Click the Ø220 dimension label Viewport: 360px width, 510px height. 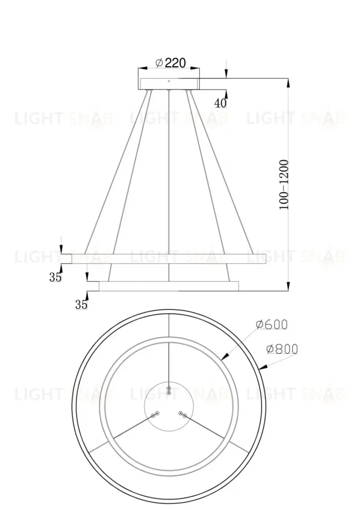pyautogui.click(x=170, y=63)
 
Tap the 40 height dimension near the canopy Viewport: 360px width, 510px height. pyautogui.click(x=220, y=103)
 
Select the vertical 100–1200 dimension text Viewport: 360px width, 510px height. pyautogui.click(x=284, y=184)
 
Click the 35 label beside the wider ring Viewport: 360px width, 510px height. pyautogui.click(x=55, y=277)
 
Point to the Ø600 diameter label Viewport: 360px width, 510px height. pyautogui.click(x=271, y=324)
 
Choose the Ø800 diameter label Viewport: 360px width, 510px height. pyautogui.click(x=282, y=349)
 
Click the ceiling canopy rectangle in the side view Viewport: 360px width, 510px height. pyautogui.click(x=169, y=83)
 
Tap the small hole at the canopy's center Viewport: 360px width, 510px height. pyautogui.click(x=169, y=81)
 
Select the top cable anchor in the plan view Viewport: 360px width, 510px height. pyautogui.click(x=169, y=390)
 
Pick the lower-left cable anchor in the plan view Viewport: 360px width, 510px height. pyautogui.click(x=155, y=413)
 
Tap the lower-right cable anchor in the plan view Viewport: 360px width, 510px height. pyautogui.click(x=183, y=414)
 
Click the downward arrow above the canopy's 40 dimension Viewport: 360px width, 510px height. pyautogui.click(x=227, y=74)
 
